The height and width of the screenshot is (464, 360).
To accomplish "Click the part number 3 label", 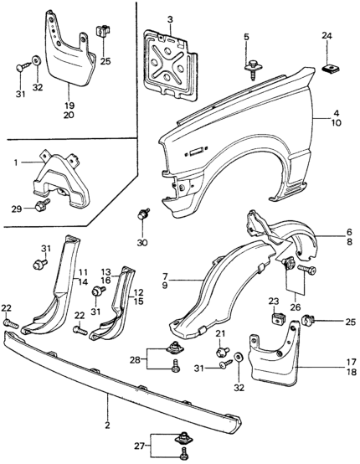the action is [170, 20].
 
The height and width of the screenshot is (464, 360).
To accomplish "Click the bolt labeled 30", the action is [143, 214].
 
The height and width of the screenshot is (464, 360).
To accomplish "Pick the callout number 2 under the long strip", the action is [107, 425].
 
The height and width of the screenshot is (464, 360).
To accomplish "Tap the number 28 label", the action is [135, 360].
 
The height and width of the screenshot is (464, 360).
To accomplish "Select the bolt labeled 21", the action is [222, 352].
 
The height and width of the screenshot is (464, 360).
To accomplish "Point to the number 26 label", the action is [295, 307].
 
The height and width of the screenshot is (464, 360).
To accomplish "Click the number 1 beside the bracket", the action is [15, 162].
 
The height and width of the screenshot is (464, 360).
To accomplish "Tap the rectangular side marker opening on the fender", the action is [197, 152].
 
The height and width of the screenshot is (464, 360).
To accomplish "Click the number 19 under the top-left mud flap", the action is [69, 106].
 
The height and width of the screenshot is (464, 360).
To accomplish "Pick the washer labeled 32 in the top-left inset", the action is [36, 60].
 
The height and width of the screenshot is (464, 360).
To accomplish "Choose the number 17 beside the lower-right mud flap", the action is [352, 362].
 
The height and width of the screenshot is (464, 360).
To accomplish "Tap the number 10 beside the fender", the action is [336, 122].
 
